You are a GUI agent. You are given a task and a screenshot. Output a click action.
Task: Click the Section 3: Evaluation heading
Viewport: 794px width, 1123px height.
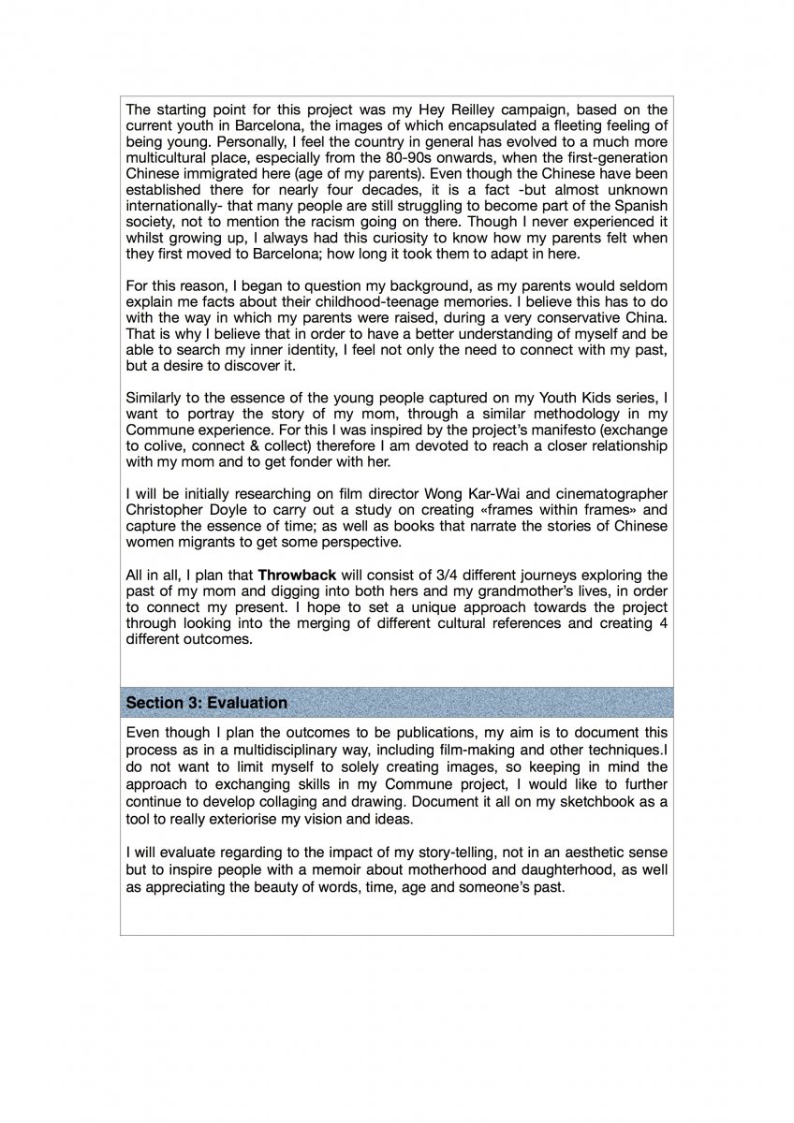click(x=207, y=702)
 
